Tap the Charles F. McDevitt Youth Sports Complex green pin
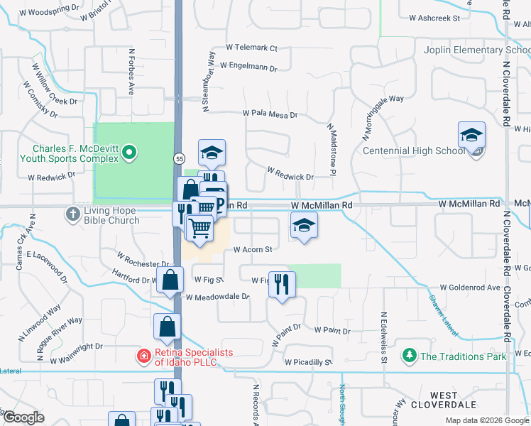tap(129, 152)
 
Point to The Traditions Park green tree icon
tap(409, 355)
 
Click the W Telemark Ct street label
tap(251, 48)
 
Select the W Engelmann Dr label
tap(248, 65)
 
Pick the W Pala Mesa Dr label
tap(269, 114)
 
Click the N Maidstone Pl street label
tap(331, 151)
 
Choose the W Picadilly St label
tap(309, 362)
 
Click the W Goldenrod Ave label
tap(470, 288)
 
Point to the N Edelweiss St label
tap(383, 337)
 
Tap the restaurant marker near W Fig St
tap(283, 285)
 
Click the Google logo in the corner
tap(23, 418)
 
